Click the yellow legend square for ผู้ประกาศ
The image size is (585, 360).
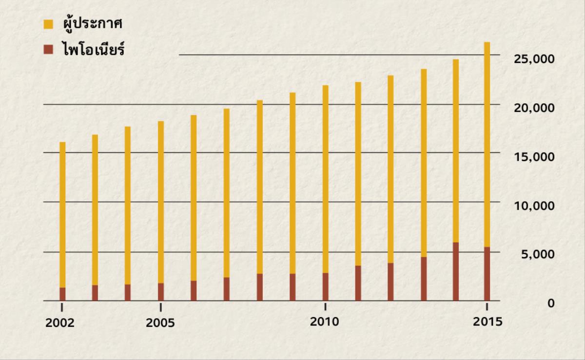[48, 23]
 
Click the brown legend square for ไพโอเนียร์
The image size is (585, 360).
[48, 49]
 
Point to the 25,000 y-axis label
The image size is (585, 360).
[534, 59]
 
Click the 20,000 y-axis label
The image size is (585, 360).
[534, 108]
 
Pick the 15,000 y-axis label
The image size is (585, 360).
[534, 157]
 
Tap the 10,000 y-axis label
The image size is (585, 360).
[534, 206]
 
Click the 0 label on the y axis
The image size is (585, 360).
[551, 303]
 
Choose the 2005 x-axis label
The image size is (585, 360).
[160, 323]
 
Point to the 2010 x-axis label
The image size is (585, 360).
[324, 322]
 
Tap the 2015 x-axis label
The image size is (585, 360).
[487, 322]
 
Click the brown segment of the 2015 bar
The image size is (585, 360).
[487, 274]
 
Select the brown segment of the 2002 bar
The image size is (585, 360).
[62, 294]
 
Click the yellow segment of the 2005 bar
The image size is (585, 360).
[161, 202]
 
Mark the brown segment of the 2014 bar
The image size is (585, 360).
[455, 271]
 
